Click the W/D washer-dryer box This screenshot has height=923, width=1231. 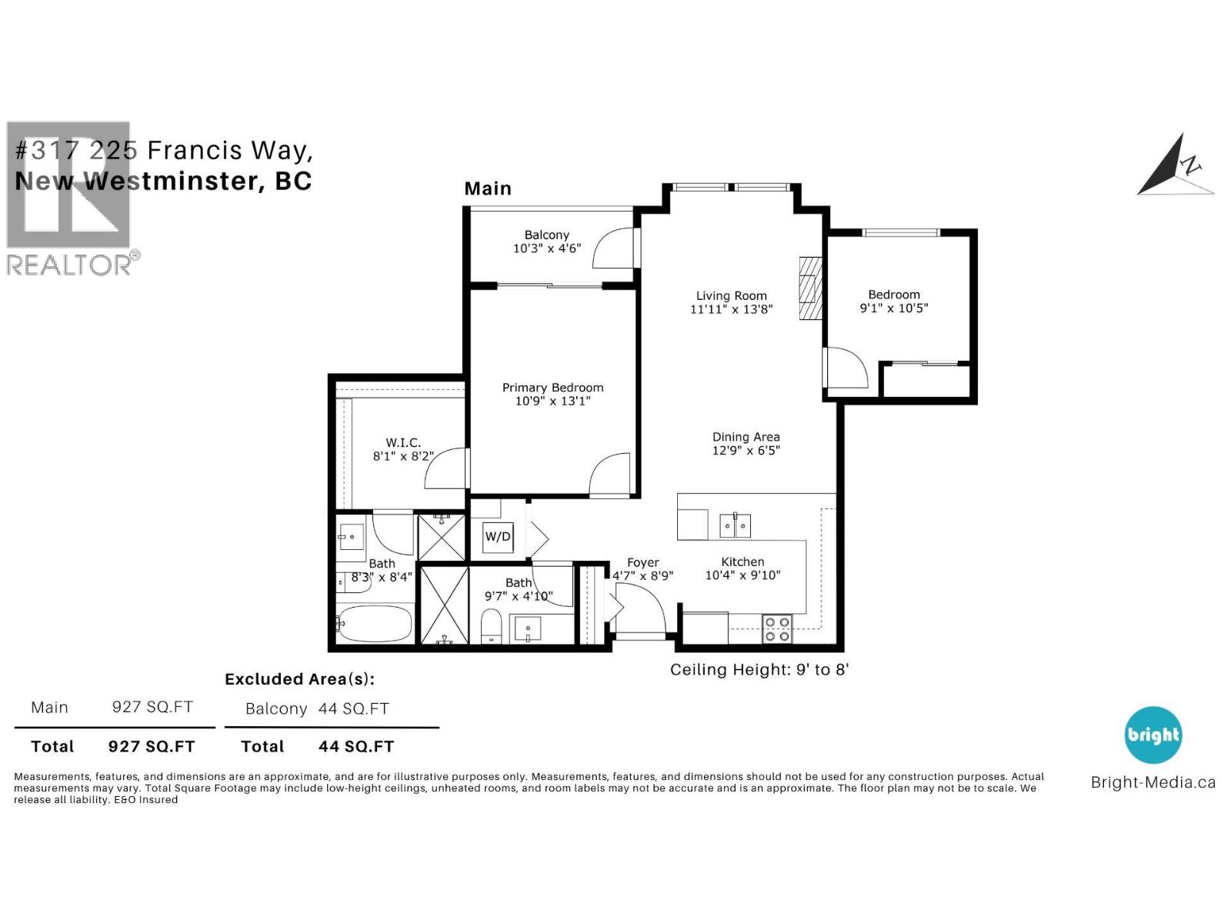pos(498,537)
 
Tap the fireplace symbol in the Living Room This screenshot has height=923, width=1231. pos(810,288)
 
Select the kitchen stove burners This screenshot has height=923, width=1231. pos(776,629)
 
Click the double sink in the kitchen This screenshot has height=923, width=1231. pos(736,525)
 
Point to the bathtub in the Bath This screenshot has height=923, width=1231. pos(375,624)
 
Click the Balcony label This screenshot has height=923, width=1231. pos(547,235)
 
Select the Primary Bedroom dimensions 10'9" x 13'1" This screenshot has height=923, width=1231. pos(552,402)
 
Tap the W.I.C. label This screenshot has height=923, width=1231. pos(403,442)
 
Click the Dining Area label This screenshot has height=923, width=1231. pos(746,437)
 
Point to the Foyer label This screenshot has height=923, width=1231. pos(642,562)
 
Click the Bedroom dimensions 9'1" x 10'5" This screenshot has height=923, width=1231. pos(893,308)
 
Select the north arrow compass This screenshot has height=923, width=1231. pos(1173,165)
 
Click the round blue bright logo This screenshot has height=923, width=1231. pos(1153,735)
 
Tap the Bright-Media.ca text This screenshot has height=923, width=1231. pos(1153,782)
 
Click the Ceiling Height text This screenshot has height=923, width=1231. pos(759,670)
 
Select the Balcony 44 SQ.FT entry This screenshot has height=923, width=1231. pos(317,708)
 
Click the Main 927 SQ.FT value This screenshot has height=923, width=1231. pos(152,707)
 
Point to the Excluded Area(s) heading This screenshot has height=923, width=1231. pos(299,679)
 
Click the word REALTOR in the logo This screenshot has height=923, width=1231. pos(69,265)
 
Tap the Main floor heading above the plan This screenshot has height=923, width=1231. pos(488,188)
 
